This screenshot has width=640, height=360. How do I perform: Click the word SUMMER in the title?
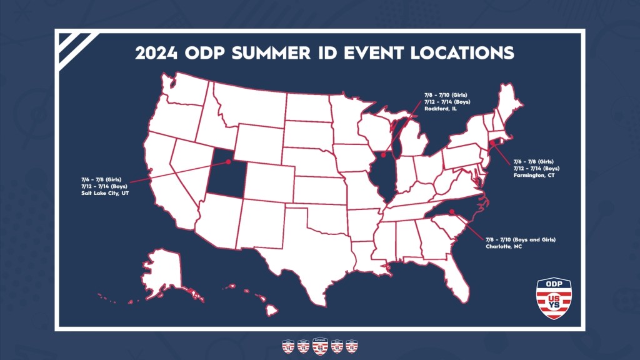[271, 53]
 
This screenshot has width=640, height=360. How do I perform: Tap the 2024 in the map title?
[156, 53]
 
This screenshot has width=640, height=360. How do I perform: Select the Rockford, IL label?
[441, 109]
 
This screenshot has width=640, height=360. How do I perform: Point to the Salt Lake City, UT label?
[105, 193]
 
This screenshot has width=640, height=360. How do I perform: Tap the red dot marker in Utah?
[228, 162]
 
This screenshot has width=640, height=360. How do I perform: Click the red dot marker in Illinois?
[383, 155]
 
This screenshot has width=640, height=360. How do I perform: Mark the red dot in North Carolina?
[452, 211]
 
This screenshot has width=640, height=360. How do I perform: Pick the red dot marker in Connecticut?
[492, 144]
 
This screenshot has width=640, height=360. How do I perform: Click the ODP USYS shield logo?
[554, 298]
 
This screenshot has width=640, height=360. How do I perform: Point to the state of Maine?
[509, 102]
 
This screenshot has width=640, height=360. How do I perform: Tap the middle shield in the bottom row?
[320, 346]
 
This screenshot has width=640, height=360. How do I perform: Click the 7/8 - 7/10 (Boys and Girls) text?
[521, 239]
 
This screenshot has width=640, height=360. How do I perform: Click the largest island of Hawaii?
[272, 310]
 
